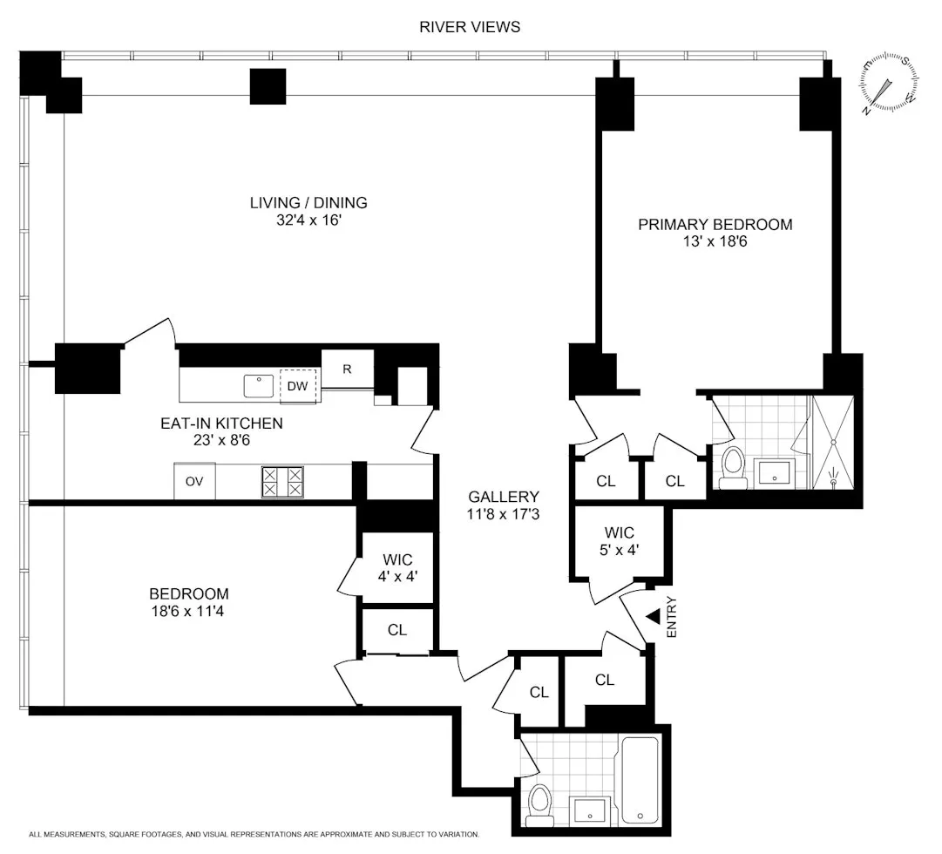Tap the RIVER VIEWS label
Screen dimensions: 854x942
[470, 27]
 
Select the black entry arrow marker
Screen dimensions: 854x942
[654, 616]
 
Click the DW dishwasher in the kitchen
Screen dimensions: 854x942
[298, 386]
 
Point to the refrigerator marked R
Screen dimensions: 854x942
[347, 369]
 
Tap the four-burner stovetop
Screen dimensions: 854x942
[283, 482]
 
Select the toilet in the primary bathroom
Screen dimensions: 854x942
[732, 465]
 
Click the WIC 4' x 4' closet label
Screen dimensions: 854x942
[397, 567]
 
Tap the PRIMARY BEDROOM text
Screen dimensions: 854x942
[715, 225]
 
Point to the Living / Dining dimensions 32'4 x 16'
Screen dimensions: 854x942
[308, 220]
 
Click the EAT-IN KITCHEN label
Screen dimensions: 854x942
[221, 424]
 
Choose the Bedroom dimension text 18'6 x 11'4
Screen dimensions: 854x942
[189, 611]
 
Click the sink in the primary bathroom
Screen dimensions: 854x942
[772, 472]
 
